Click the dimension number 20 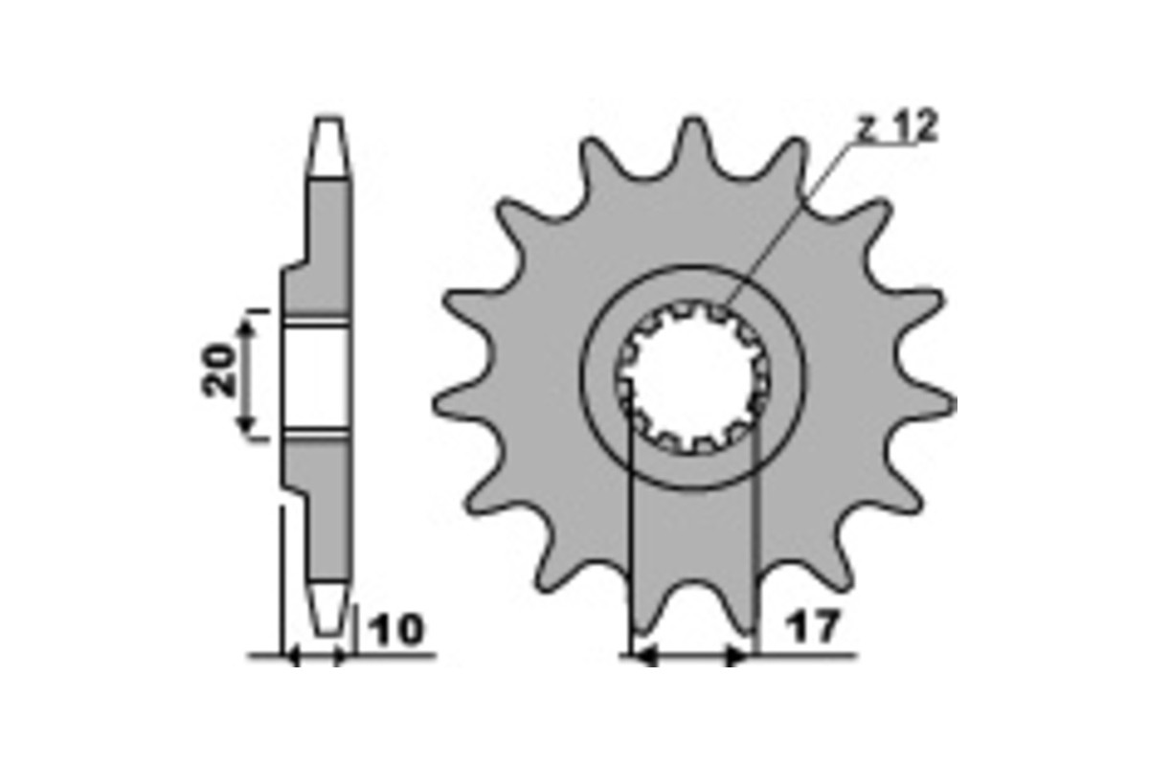coord(218,371)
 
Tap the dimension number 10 coord(397,629)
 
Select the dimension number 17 coord(813,626)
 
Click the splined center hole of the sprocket coord(693,377)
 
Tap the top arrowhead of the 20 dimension coord(247,327)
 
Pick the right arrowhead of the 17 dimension coord(737,656)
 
